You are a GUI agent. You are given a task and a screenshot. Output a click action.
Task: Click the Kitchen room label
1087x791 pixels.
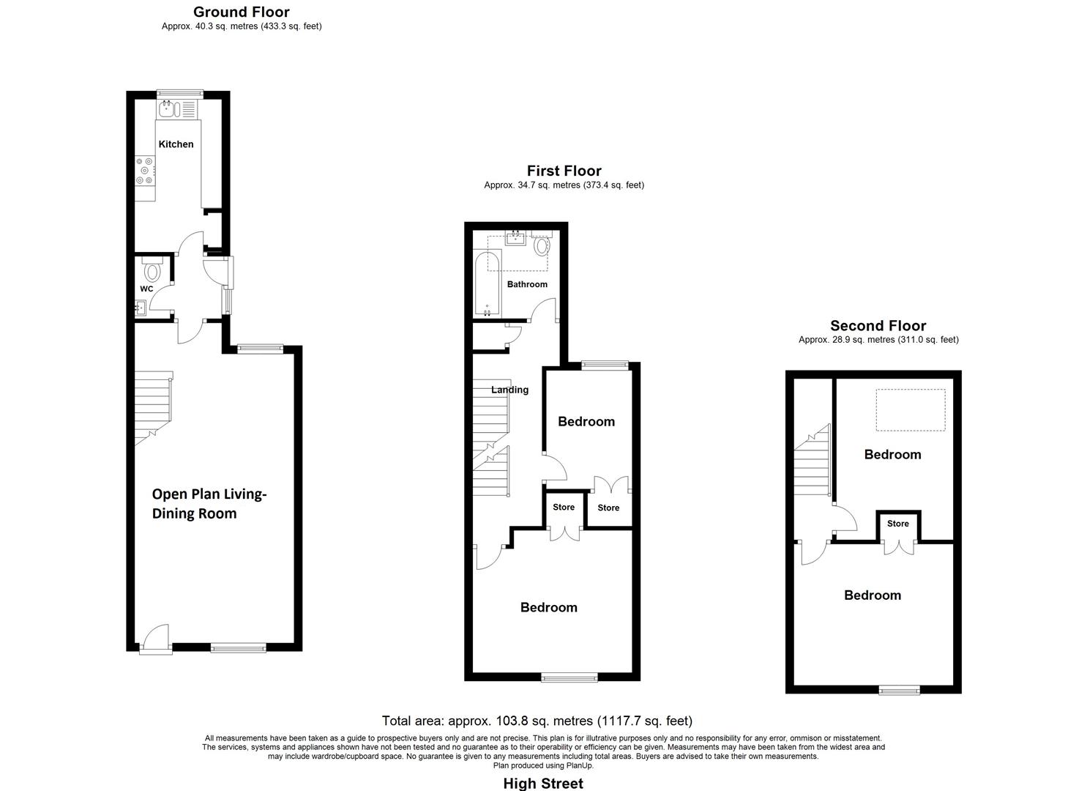[x=176, y=144]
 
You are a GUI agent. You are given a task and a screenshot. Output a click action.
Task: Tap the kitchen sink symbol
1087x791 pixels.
[x=169, y=109]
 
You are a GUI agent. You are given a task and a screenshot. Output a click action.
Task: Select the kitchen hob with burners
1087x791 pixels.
[x=145, y=171]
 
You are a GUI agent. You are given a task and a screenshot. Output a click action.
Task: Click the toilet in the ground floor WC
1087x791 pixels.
[x=152, y=271]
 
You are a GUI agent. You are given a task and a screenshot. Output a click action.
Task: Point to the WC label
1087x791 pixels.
[x=146, y=289]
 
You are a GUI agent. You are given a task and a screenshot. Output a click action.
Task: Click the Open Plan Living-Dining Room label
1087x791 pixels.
[x=209, y=504]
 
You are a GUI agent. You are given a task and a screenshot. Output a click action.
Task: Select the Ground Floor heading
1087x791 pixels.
[x=241, y=12]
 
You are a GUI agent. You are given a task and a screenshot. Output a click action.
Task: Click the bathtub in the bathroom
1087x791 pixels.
[x=488, y=284]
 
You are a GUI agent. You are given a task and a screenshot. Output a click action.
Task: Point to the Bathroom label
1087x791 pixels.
[x=527, y=284]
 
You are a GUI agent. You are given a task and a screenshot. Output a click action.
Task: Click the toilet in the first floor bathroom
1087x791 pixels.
[x=542, y=245]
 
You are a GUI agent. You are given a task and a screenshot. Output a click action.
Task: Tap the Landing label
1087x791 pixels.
[x=509, y=390]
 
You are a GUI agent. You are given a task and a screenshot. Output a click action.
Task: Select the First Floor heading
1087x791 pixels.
[x=564, y=171]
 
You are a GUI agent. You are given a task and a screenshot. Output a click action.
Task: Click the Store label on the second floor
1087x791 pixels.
[x=897, y=524]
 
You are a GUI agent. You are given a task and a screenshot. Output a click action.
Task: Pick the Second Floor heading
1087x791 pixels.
[x=878, y=326]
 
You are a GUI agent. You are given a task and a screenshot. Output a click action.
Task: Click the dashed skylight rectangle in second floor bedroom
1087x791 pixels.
[x=911, y=410]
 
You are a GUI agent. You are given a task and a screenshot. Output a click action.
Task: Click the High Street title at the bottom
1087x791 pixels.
[x=543, y=783]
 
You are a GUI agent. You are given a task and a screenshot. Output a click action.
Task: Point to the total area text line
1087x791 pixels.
[x=537, y=721]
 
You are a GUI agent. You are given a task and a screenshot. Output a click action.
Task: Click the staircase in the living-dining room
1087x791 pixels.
[x=153, y=406]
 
